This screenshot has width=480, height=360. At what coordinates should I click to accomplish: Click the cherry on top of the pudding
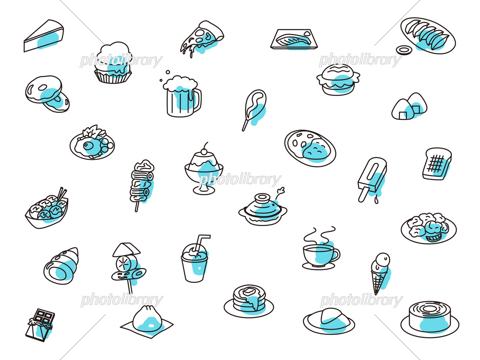pos(204,151)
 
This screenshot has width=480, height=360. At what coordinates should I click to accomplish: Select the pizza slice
pos(202,39)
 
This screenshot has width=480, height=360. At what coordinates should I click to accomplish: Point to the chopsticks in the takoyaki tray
pos(62,194)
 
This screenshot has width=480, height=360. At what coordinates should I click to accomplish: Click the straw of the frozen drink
pos(201,243)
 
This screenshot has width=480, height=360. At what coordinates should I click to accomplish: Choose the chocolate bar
pos(40,325)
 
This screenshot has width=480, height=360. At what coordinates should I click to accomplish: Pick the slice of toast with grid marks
pos(436,164)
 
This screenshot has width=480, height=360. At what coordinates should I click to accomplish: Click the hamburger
pos(338,80)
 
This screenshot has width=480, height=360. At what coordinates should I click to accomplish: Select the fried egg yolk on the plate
pos(88,145)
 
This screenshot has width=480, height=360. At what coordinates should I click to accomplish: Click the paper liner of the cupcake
pos(113,76)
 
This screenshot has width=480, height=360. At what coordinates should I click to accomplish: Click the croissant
pos(61,266)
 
